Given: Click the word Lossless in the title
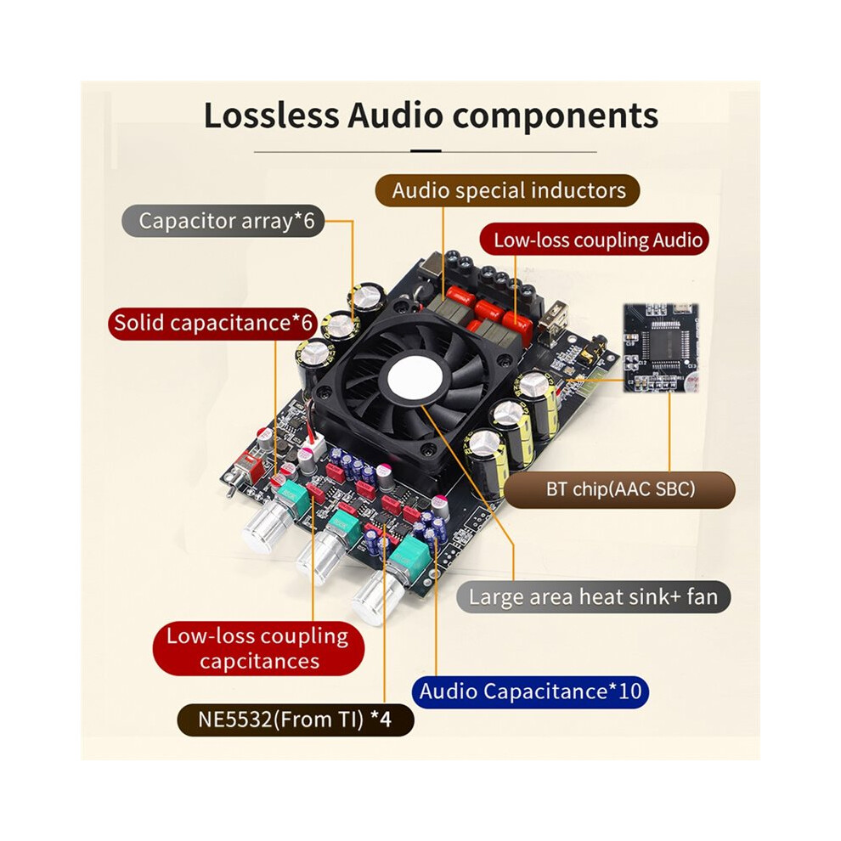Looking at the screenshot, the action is point(271,116).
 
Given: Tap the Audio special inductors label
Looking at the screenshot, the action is point(507,190).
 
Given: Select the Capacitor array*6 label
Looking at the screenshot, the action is point(223,220).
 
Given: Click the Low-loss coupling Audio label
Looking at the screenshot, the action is point(595,240).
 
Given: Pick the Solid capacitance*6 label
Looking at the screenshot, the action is point(213,323).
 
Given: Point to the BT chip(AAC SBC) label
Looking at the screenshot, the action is point(620,489).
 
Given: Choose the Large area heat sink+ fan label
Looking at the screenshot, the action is point(593,597).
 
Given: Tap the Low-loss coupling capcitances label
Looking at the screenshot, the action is point(258,648).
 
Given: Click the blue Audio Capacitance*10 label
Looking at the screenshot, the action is point(530,691).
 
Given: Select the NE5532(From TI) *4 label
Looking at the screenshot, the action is point(295,720).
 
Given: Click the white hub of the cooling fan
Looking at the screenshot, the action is point(415,375).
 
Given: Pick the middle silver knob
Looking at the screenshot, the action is point(319,558).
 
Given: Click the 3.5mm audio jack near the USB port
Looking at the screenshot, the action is point(595,347).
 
